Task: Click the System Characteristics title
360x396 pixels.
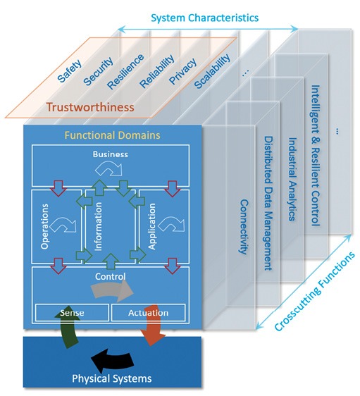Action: point(205,18)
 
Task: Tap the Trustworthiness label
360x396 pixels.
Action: point(90,107)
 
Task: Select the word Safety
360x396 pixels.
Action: point(70,70)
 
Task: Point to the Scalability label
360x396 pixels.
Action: point(212,71)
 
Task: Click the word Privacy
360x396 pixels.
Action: point(182,71)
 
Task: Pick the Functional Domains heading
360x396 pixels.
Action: point(112,135)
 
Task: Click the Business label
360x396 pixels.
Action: point(111,154)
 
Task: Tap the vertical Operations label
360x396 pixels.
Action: point(44,227)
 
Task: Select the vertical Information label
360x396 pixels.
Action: point(98,226)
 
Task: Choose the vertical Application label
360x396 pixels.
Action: point(151,226)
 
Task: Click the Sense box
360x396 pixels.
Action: point(72,313)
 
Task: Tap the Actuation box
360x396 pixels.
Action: point(148,313)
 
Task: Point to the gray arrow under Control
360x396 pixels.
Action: point(112,290)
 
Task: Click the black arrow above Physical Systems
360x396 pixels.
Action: point(112,360)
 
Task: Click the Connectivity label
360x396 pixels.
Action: point(244,227)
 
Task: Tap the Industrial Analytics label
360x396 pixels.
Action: point(292,179)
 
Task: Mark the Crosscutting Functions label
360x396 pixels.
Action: point(314,291)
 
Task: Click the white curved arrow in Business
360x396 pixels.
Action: point(108,168)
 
